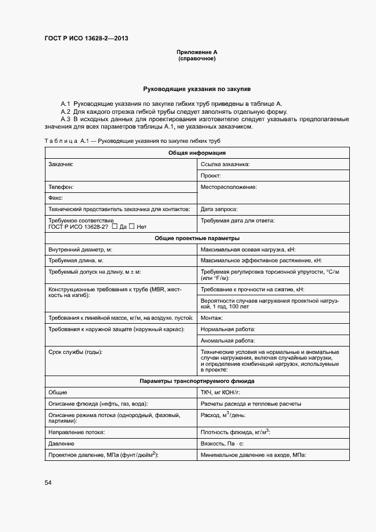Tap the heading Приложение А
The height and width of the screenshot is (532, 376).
coord(196,52)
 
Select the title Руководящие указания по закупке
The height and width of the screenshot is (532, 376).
coord(196,89)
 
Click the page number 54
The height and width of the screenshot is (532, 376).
coord(48,482)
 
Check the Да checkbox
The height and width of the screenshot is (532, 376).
coord(115,226)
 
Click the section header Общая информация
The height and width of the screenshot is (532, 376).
coord(197,152)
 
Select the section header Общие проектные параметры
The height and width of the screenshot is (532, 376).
coord(197,238)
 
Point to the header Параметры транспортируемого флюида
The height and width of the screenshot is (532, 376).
coord(197,381)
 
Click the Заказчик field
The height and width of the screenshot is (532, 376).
coord(120,170)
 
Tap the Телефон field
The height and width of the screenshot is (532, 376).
coord(120,187)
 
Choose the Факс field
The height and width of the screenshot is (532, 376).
coord(120,198)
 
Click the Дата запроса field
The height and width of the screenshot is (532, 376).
coord(273,209)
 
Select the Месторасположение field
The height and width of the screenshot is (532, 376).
coord(273,192)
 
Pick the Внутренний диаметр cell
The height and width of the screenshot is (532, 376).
coord(120,249)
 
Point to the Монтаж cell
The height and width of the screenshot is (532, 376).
coord(273,317)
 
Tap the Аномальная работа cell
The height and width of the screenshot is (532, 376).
coord(273,340)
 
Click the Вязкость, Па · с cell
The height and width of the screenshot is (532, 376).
coord(273,443)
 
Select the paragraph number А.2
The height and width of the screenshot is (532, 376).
coord(65,112)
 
